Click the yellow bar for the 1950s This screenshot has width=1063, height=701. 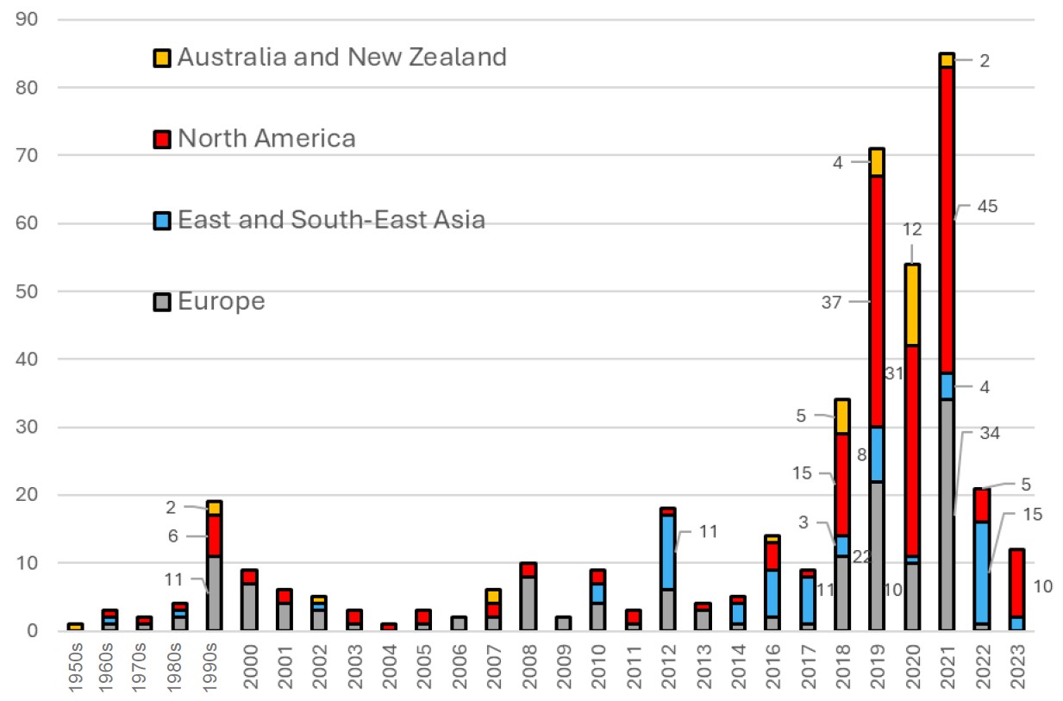74,627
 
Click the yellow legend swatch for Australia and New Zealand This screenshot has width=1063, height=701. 161,58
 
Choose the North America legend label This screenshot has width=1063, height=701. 266,139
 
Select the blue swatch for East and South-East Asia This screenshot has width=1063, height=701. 161,221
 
